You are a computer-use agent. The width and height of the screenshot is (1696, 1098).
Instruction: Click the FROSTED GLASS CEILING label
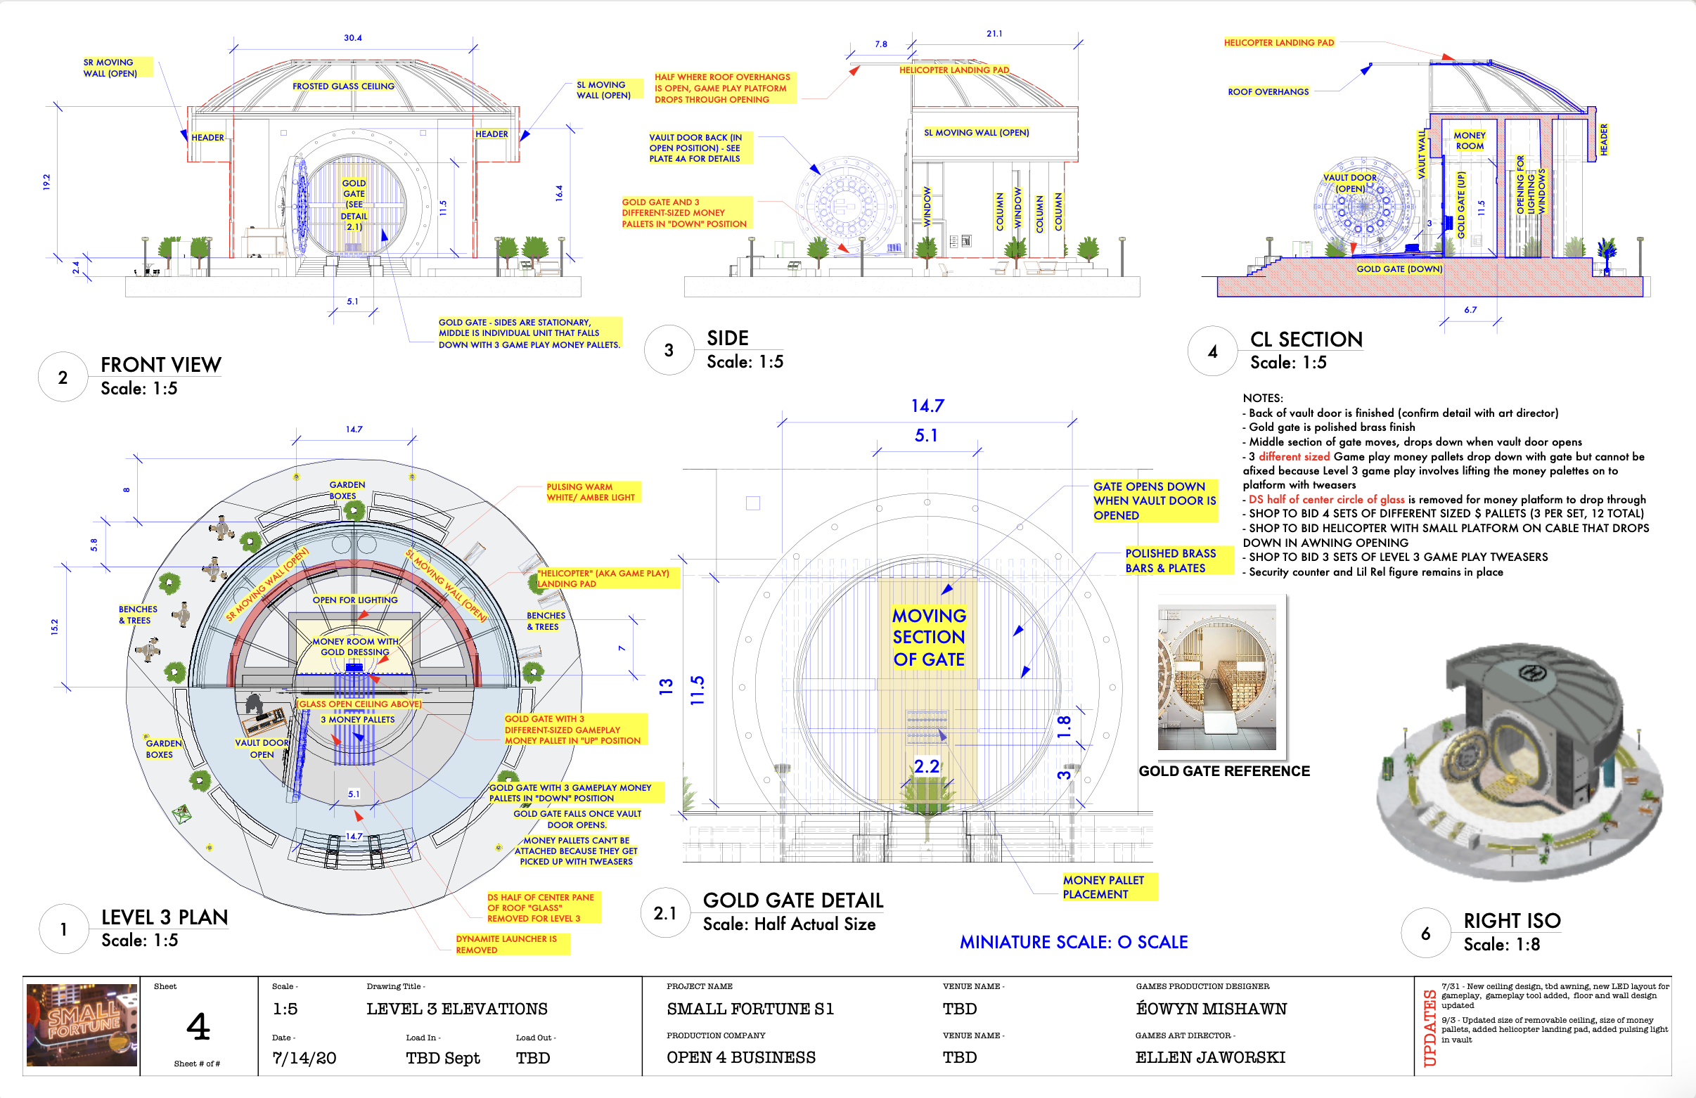click(342, 86)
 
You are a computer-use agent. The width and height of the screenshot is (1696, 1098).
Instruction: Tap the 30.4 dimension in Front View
click(353, 38)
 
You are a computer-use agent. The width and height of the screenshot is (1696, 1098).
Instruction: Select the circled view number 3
click(669, 350)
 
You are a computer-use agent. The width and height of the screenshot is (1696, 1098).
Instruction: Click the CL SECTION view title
click(1306, 339)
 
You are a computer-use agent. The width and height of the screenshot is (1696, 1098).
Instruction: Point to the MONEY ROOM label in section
click(1469, 141)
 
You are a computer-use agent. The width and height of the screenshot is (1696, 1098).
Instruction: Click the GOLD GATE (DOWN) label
click(1399, 269)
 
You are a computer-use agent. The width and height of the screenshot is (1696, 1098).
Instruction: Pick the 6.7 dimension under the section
click(1470, 310)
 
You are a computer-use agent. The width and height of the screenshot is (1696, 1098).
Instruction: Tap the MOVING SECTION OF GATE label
click(929, 637)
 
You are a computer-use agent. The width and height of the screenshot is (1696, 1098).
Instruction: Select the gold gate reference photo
click(1216, 677)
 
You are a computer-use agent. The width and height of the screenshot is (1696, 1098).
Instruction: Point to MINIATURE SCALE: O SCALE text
click(1073, 942)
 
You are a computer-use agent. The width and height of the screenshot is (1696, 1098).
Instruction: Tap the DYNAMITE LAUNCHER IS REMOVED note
click(506, 944)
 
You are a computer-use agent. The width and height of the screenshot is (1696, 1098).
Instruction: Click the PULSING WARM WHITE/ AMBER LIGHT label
click(590, 492)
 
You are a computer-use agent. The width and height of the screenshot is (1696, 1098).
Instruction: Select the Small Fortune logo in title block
click(82, 1025)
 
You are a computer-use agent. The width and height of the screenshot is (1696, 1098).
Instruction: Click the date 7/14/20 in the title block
click(304, 1058)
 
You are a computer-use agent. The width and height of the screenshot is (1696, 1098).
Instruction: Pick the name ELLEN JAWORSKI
click(1210, 1057)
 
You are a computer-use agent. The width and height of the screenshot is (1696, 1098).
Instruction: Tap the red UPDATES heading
click(1430, 1028)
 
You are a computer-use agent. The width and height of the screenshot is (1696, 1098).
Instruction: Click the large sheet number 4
click(198, 1027)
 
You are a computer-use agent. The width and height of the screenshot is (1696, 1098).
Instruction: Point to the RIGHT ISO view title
click(1512, 921)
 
